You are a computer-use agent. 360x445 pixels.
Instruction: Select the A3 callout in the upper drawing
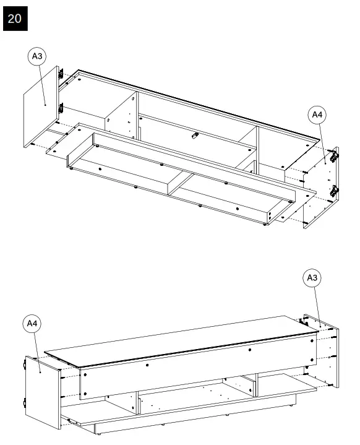[x=36, y=56]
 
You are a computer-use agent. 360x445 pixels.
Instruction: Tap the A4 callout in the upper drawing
[x=317, y=114]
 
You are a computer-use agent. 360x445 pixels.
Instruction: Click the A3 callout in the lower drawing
[x=313, y=278]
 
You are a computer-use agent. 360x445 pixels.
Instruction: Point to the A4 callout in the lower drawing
[x=33, y=324]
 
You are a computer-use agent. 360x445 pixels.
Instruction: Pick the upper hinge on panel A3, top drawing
[x=61, y=74]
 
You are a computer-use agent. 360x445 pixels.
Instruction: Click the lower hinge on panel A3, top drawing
[x=61, y=108]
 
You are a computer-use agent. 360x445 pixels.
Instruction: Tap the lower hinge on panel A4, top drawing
[x=335, y=191]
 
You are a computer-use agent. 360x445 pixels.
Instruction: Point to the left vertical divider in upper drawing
[x=121, y=114]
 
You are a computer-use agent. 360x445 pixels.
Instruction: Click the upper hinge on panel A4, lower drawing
[x=26, y=366]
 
